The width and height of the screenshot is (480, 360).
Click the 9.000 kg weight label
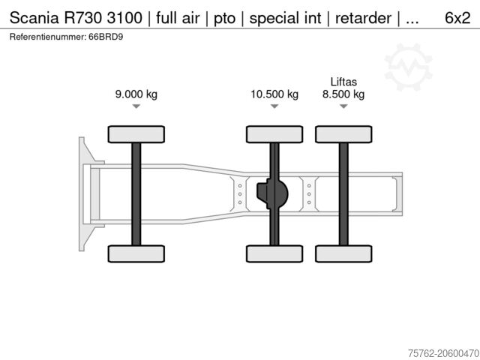point(136,94)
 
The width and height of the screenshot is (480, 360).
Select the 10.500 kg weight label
point(274,94)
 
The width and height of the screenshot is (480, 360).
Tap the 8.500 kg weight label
point(343,94)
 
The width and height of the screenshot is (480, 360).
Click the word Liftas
point(343,82)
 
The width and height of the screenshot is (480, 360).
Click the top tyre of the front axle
point(136,134)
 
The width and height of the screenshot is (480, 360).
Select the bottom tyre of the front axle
point(136,253)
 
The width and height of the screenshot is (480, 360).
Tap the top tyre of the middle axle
point(274,134)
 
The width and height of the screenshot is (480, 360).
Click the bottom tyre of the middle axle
point(274,253)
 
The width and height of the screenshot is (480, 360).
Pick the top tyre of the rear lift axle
point(343,134)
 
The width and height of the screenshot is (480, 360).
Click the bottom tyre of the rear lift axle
point(343,253)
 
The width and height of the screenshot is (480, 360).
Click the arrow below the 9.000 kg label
point(136,107)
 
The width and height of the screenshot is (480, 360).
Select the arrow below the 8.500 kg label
point(343,107)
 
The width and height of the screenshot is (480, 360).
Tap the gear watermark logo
point(408,66)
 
